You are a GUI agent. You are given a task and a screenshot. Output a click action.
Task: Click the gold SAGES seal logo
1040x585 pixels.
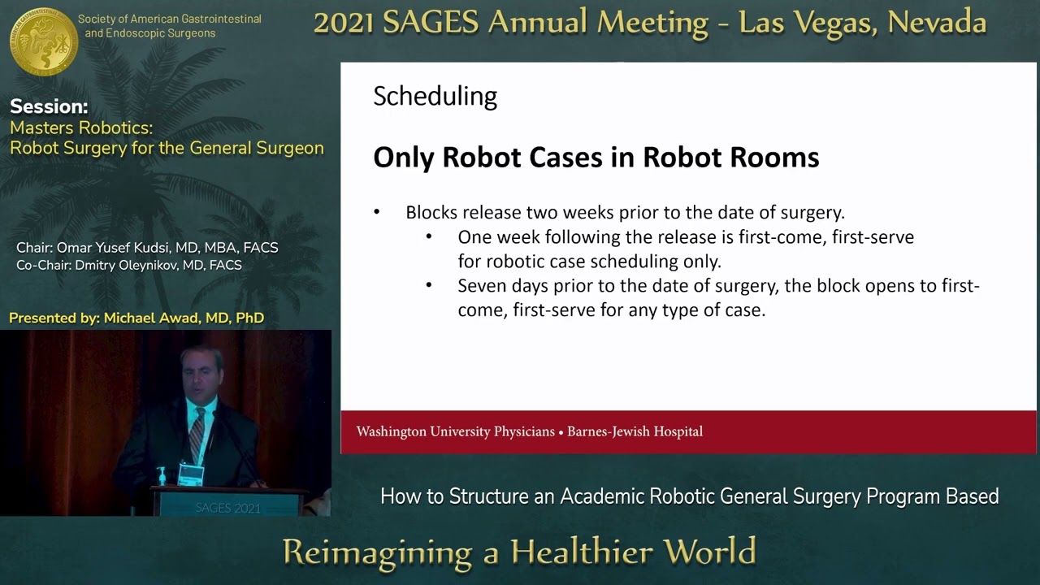44,41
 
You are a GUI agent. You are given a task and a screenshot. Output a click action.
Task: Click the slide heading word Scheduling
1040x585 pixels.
435,97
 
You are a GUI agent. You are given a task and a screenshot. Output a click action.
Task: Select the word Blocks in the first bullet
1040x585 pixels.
431,213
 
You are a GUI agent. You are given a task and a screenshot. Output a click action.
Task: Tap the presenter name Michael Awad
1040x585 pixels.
154,318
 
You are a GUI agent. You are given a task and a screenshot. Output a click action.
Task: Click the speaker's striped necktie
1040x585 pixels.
197,435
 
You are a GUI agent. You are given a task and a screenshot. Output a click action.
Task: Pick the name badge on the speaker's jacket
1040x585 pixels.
191,474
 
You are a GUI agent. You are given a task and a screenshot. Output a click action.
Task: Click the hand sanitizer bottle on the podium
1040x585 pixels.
162,475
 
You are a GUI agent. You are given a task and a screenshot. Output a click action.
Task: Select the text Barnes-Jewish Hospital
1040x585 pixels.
635,431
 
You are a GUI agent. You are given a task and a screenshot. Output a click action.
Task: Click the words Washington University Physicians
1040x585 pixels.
455,431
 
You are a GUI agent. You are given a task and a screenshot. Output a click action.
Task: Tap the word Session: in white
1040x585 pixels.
49,106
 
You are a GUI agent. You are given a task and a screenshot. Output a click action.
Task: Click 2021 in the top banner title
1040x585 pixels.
344,23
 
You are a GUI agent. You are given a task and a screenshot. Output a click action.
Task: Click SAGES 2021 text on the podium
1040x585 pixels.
227,508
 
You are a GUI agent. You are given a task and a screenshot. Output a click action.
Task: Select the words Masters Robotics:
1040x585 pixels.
81,128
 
